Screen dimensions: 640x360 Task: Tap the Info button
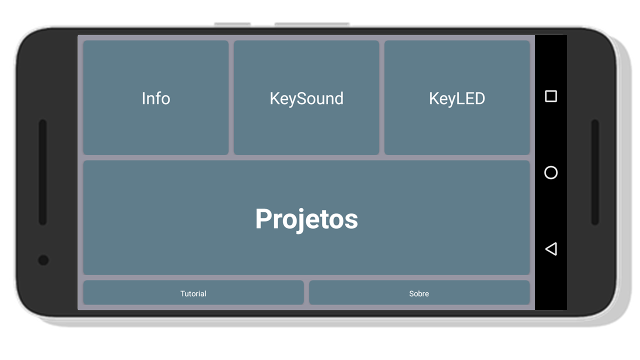(155, 97)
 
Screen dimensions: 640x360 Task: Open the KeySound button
(306, 97)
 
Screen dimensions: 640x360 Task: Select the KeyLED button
(457, 97)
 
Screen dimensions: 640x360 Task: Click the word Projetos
(306, 219)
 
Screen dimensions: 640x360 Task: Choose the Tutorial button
(193, 292)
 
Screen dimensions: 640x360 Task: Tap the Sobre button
(419, 292)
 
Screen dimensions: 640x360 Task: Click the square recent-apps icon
(551, 96)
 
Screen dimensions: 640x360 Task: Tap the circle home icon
(551, 172)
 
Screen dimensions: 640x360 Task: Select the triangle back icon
(551, 249)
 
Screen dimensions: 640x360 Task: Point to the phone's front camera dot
(43, 260)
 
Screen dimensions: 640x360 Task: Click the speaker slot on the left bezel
(43, 172)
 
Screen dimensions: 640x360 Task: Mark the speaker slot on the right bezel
(595, 172)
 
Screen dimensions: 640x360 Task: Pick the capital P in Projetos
(263, 218)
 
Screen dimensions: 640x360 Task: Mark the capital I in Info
(143, 98)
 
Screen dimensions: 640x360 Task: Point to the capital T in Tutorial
(183, 293)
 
